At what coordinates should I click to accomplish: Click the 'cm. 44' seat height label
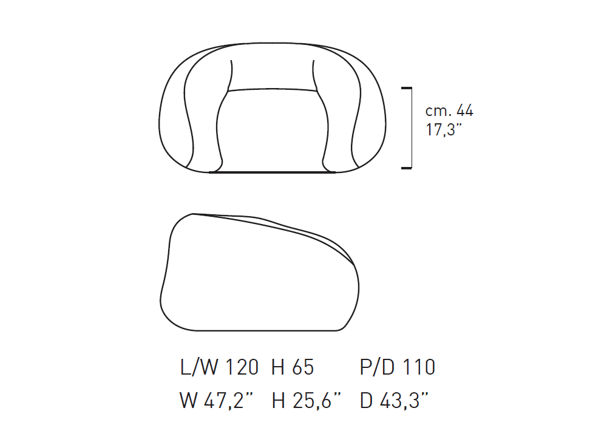[x=449, y=110]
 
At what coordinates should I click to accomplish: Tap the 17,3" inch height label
[x=444, y=130]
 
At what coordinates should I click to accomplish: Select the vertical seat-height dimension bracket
[x=411, y=128]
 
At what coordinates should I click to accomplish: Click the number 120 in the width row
[x=242, y=367]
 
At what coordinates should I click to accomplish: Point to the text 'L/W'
[x=199, y=367]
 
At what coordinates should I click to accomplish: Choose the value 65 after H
[x=303, y=367]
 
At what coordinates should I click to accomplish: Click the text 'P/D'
[x=377, y=367]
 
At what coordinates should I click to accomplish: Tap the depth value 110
[x=418, y=367]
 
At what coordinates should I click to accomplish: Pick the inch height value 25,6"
[x=317, y=400]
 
